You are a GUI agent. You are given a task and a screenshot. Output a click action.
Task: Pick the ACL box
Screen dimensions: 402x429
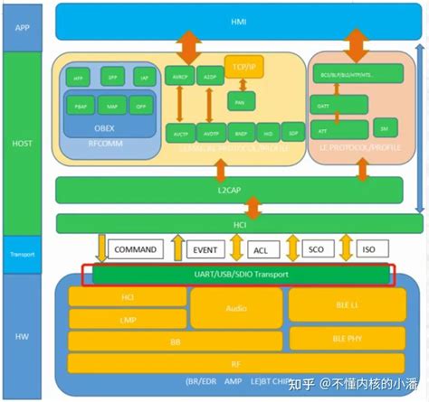click(261, 249)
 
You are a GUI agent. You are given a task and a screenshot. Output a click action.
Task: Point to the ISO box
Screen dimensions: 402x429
click(368, 249)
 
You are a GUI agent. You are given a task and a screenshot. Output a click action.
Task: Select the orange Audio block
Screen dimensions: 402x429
click(235, 308)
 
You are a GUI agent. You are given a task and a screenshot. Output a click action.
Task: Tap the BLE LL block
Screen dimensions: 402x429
click(348, 305)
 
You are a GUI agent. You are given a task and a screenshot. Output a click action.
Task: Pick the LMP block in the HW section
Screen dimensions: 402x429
click(128, 319)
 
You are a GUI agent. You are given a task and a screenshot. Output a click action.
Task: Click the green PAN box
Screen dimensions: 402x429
click(241, 101)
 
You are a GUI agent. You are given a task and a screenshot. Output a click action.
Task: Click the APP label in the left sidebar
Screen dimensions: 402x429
click(24, 27)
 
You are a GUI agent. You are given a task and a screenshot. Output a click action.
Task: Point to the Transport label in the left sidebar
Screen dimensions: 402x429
click(24, 254)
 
